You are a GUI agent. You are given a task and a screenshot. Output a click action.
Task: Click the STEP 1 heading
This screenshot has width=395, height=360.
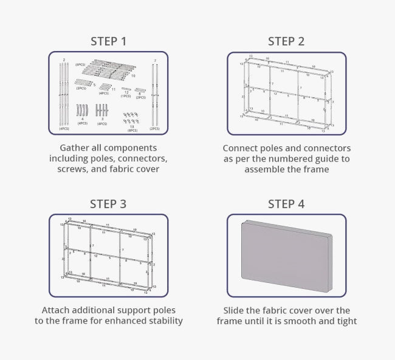pos(108,41)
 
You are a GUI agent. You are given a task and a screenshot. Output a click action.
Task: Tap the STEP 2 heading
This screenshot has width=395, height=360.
pos(286,41)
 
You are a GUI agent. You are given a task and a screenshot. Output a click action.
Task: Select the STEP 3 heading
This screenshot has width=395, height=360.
pos(108,203)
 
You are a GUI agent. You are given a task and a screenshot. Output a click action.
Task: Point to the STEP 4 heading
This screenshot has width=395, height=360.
pos(286,203)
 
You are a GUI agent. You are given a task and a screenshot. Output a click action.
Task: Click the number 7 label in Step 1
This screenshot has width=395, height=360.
pos(155,61)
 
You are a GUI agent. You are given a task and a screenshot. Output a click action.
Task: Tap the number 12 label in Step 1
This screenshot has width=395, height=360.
pos(126,92)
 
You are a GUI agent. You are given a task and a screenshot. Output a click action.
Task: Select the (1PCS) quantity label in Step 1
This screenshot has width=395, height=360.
pos(126,96)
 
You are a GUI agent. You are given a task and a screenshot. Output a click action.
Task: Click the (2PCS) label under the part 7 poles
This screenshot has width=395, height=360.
pos(154,129)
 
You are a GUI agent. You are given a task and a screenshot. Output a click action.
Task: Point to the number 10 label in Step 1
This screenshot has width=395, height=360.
pos(133,76)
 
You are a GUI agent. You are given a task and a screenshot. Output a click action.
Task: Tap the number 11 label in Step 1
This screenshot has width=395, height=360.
pos(114,89)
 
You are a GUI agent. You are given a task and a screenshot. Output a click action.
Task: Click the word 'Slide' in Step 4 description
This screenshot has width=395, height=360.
pos(236,310)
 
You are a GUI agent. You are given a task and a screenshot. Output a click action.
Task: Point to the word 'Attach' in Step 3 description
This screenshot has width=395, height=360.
pos(58,310)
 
